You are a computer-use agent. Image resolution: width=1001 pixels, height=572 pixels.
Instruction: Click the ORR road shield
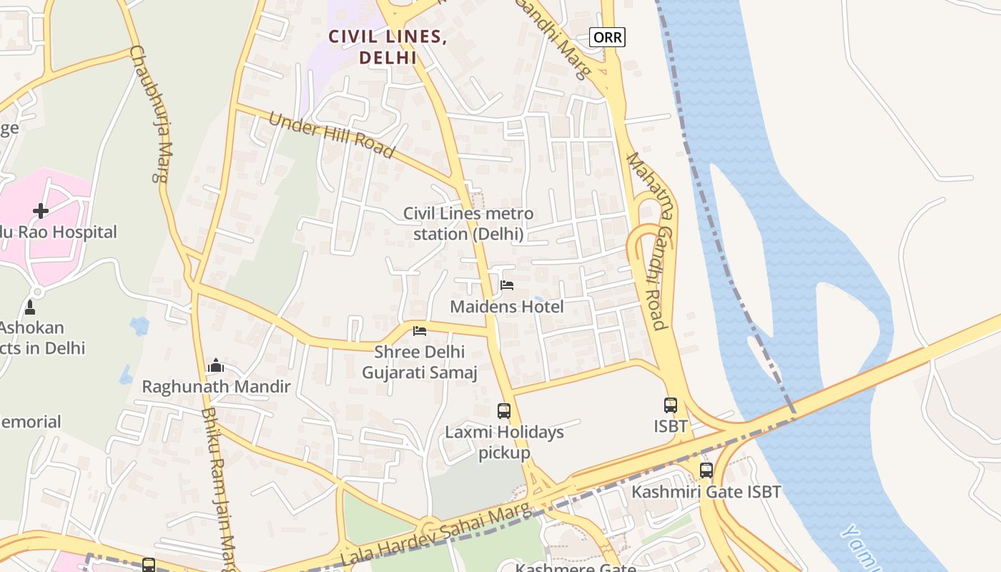[607, 37]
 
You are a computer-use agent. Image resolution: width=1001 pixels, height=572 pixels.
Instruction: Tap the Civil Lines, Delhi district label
[388, 47]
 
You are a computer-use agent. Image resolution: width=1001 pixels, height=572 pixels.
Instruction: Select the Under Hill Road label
[330, 134]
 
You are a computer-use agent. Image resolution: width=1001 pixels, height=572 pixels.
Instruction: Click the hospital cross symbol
[41, 211]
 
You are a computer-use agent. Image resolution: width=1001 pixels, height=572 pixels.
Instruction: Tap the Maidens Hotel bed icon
[507, 285]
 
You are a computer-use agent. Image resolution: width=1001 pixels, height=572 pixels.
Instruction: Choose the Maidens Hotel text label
[507, 307]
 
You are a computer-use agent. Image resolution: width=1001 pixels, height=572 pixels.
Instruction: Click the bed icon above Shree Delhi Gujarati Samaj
[420, 331]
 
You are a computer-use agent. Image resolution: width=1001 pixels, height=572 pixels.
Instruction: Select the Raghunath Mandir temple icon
[215, 366]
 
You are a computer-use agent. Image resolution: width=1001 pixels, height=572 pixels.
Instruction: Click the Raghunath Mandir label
[216, 387]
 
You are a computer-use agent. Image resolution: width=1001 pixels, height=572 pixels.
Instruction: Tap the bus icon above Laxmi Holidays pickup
[504, 411]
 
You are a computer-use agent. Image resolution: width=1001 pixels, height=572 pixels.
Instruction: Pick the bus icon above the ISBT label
[671, 405]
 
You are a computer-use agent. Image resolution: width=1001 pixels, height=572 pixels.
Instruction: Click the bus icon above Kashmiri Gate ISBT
[706, 470]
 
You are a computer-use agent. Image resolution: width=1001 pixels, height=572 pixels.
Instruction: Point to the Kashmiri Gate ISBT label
[706, 492]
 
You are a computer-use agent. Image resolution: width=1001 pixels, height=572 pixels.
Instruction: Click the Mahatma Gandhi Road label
[647, 242]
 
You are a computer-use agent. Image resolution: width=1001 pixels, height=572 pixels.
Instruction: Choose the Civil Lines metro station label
[468, 223]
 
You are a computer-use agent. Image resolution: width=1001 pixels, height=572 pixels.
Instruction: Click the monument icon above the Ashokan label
[30, 307]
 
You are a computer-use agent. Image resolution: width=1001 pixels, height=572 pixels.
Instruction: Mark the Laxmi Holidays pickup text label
[504, 443]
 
